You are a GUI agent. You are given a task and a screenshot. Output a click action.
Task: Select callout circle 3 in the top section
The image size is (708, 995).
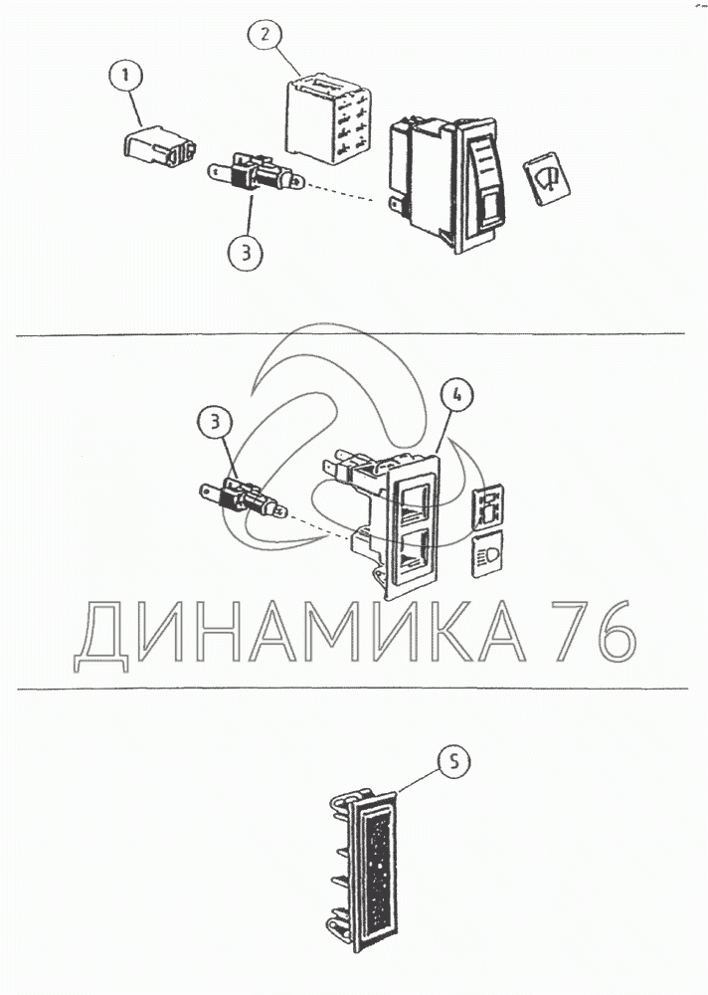(246, 252)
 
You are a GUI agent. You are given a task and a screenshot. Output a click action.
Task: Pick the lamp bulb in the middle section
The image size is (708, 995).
(244, 497)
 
